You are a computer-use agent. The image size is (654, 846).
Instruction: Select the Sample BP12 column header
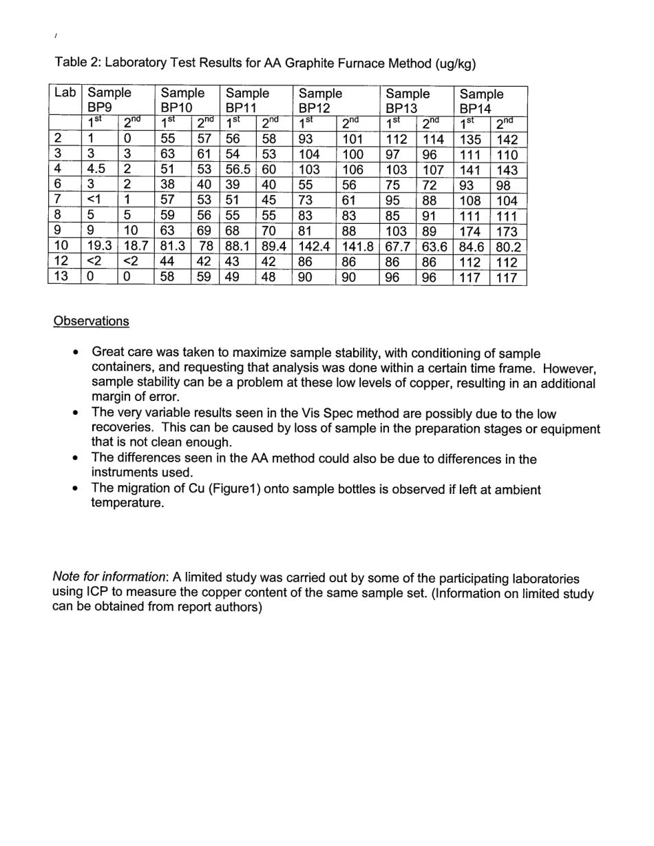[x=320, y=101]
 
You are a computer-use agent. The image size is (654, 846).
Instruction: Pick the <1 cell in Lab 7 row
[x=94, y=201]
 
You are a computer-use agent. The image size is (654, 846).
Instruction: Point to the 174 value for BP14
[x=470, y=231]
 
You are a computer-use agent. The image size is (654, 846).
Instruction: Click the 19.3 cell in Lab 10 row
[x=99, y=247]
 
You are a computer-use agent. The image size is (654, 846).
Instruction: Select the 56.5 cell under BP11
[x=238, y=170]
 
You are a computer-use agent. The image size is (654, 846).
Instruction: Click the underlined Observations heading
[x=91, y=321]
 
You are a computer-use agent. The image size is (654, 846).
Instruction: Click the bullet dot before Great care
[x=77, y=353]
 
